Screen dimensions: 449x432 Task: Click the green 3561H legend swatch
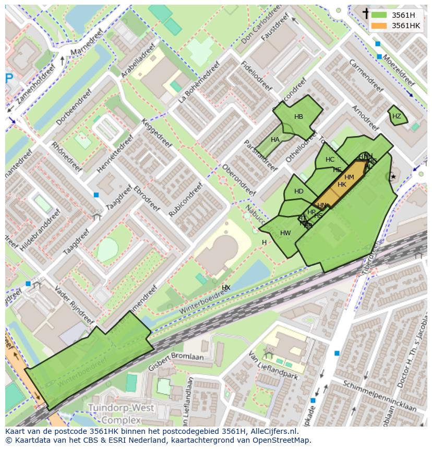[x=379, y=15]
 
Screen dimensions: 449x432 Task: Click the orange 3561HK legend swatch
[x=379, y=26]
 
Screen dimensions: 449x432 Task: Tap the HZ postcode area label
[x=397, y=116]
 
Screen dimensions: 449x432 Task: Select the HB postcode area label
[x=298, y=117]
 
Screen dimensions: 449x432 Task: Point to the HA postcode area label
[x=275, y=140]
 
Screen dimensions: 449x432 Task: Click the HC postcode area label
[x=330, y=160]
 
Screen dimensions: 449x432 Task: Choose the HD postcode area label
[x=298, y=191]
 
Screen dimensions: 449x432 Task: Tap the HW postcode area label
[x=285, y=233]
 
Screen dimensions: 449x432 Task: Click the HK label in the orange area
[x=342, y=185]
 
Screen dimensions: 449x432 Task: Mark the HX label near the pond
[x=226, y=288]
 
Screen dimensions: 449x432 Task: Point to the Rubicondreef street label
[x=185, y=199]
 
